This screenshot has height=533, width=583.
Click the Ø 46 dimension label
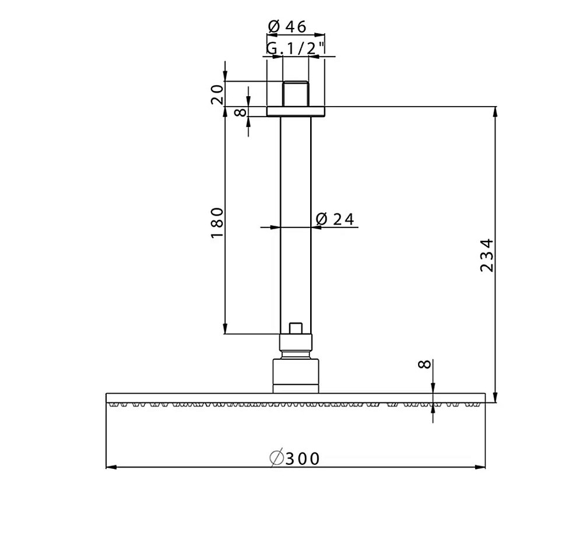[x=287, y=26]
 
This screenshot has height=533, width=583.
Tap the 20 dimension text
[x=217, y=94]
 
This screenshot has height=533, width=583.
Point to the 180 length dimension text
[x=217, y=222]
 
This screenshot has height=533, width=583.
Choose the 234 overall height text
[x=487, y=254]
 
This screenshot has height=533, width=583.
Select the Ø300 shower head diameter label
[x=295, y=458]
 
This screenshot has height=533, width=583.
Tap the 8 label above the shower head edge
[x=425, y=364]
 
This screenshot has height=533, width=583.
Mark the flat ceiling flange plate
[x=296, y=111]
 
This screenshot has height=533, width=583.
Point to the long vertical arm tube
[x=296, y=222]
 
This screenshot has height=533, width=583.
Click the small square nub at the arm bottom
[x=296, y=328]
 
